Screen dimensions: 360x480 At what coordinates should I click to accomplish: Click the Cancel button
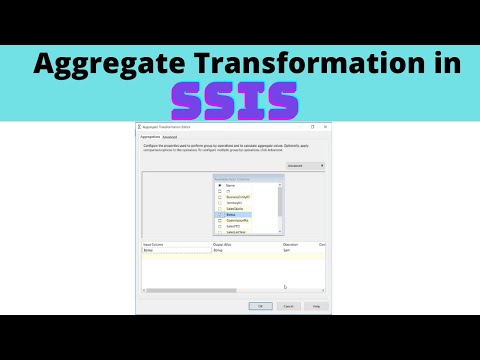[288, 306]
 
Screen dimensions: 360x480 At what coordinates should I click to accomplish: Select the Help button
[316, 306]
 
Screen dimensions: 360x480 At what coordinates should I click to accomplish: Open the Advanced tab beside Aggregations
[171, 137]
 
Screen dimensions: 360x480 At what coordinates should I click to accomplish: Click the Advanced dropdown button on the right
[305, 166]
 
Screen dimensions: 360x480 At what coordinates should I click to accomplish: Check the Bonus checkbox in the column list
[217, 214]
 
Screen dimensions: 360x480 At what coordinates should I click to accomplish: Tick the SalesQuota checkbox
[217, 208]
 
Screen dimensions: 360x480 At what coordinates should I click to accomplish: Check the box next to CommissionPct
[217, 220]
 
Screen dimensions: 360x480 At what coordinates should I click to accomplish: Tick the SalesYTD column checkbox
[217, 226]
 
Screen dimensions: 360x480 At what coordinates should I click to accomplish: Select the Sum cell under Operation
[288, 251]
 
